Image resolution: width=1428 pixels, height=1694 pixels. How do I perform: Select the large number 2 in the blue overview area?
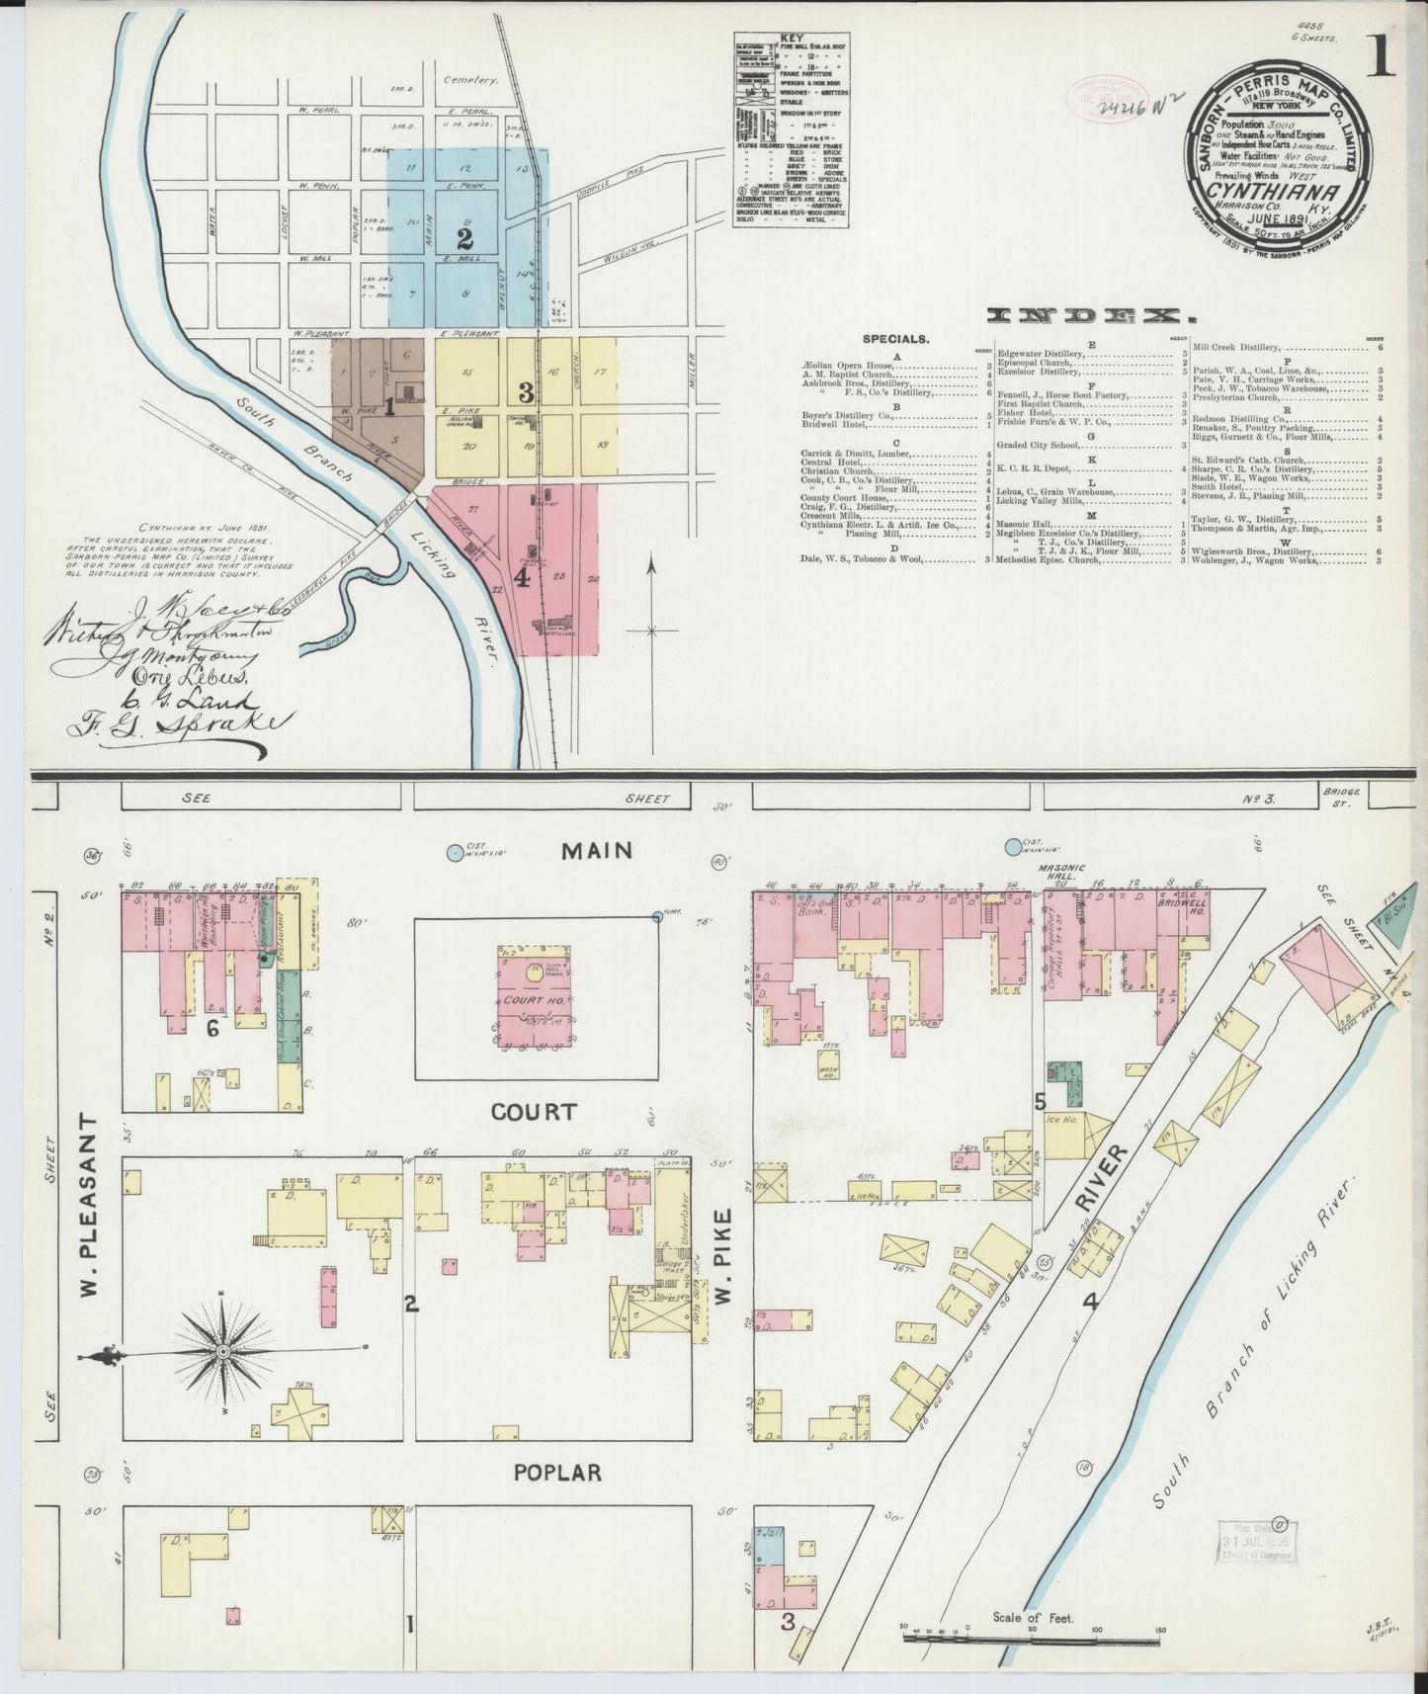(x=463, y=238)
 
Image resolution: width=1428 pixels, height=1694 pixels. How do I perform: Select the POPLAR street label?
(x=556, y=1472)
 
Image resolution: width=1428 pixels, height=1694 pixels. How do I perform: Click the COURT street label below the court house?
(x=534, y=1112)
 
